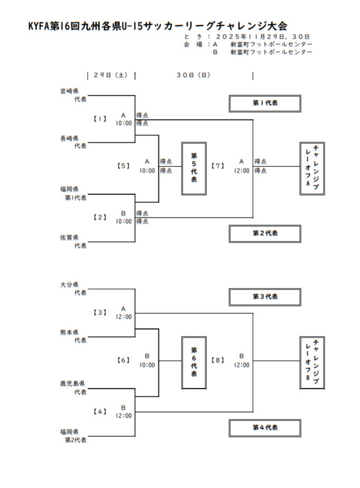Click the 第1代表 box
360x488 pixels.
[x=265, y=104]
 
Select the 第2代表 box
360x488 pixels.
[x=265, y=233]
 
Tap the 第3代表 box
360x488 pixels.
[x=265, y=297]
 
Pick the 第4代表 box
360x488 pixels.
[x=265, y=428]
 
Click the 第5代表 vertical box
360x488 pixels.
[x=194, y=168]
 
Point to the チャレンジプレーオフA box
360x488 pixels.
[x=311, y=168]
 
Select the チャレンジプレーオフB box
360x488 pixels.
[x=311, y=362]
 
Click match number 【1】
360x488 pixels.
[x=100, y=119]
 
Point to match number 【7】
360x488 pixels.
[x=217, y=166]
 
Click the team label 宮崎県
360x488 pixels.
[x=69, y=91]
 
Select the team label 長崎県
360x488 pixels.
[x=69, y=138]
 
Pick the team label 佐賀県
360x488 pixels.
[x=69, y=238]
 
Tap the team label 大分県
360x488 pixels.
[x=69, y=285]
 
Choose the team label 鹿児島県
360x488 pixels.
[x=72, y=383]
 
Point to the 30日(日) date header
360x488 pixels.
[x=193, y=76]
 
